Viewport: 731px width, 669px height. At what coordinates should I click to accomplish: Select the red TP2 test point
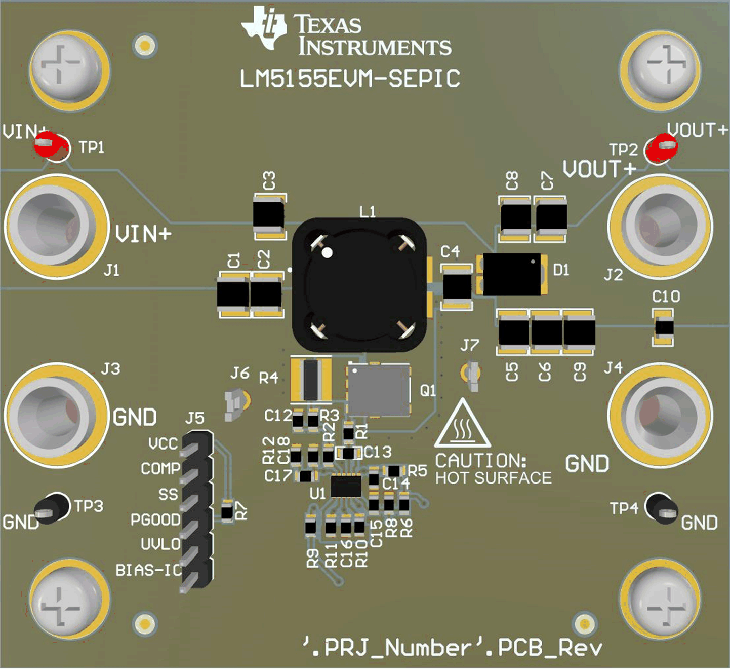click(662, 148)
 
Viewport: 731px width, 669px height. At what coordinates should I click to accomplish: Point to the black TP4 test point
click(663, 507)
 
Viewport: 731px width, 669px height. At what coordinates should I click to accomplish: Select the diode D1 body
click(512, 274)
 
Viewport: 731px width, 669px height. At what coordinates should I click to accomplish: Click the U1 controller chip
click(346, 486)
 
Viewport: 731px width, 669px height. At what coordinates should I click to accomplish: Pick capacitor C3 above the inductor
click(269, 216)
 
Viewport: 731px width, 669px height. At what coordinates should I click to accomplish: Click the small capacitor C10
click(663, 328)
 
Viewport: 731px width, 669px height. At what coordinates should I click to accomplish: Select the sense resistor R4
click(311, 380)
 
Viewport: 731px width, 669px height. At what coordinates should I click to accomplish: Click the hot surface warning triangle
click(462, 425)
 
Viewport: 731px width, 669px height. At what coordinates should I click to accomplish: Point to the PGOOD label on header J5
click(155, 520)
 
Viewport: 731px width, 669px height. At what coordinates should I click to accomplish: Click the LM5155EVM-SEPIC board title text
click(350, 79)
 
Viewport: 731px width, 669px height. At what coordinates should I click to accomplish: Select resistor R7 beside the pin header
click(227, 511)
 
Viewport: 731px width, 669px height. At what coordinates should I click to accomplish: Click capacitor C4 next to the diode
click(457, 285)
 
